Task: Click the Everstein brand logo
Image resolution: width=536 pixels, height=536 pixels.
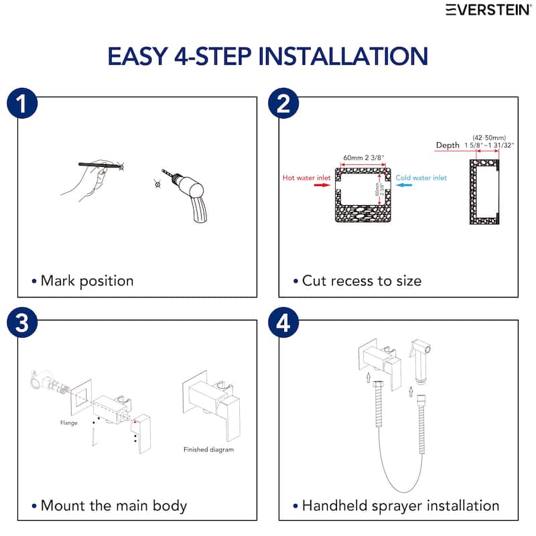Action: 488,10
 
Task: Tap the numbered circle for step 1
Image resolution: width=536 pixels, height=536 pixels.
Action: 22,103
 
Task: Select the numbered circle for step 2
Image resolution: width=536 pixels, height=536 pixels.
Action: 283,103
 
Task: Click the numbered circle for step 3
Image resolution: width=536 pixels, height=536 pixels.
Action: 22,323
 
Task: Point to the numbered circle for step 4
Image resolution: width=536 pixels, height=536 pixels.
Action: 283,323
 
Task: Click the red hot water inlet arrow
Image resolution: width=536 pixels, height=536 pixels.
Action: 322,185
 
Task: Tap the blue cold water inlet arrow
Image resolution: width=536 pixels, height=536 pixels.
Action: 404,185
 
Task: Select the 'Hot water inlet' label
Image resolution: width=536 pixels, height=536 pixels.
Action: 307,178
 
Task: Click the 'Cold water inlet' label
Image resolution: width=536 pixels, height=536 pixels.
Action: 421,178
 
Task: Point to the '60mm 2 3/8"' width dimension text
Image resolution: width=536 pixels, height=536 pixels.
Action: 364,157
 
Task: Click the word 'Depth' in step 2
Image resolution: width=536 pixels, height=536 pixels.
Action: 448,145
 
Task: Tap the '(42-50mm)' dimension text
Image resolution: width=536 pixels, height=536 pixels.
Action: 489,138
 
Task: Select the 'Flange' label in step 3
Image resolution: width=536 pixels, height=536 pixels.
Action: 69,423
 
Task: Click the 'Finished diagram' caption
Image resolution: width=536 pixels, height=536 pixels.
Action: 208,450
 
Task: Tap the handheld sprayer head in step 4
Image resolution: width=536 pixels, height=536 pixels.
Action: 420,361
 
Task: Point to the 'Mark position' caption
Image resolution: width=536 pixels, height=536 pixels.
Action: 87,281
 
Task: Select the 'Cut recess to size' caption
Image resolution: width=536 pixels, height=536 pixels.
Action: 362,281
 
